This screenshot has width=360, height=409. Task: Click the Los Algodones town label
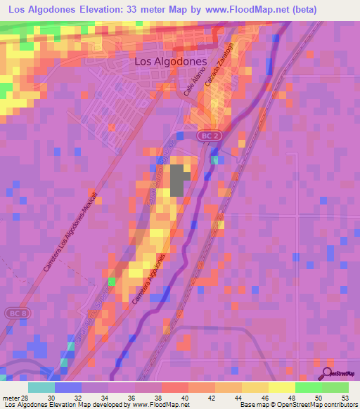[x=170, y=61]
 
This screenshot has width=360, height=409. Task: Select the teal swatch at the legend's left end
[x=41, y=387]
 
